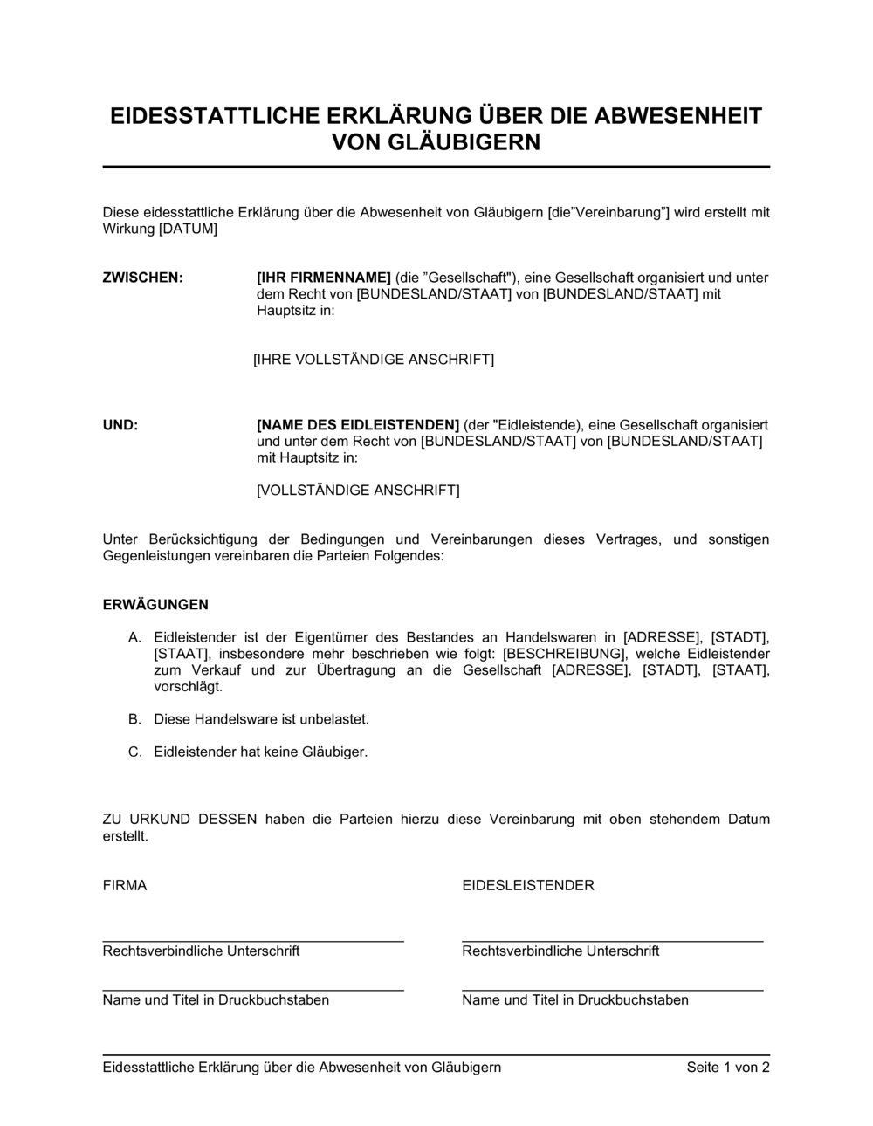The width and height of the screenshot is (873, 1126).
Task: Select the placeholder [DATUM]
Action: [x=188, y=229]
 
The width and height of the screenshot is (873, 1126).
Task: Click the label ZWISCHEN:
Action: [x=142, y=278]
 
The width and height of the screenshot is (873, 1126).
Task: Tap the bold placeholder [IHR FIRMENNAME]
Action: [x=324, y=278]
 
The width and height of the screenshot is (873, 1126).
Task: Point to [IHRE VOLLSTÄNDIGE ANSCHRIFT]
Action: [x=374, y=360]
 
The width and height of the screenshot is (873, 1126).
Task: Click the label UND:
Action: [x=120, y=425]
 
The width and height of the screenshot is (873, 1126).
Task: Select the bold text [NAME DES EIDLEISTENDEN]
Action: [x=358, y=425]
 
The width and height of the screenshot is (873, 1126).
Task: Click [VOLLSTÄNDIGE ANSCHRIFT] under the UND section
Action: [x=358, y=491]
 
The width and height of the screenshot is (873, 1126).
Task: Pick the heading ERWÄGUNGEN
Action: [x=155, y=605]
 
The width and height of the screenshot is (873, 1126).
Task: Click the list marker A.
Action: [x=134, y=638]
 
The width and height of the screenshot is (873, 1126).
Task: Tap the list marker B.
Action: [x=134, y=720]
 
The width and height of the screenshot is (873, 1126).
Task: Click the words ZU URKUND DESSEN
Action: [x=180, y=819]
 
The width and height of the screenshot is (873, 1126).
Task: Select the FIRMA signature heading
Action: [x=125, y=885]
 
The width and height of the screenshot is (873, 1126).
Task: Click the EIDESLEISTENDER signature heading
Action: [x=527, y=885]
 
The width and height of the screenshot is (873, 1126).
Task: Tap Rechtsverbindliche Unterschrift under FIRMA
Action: [x=201, y=951]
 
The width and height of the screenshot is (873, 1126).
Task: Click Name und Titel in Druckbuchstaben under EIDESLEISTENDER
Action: [x=574, y=1000]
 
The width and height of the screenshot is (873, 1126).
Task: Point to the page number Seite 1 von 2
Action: [x=728, y=1067]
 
